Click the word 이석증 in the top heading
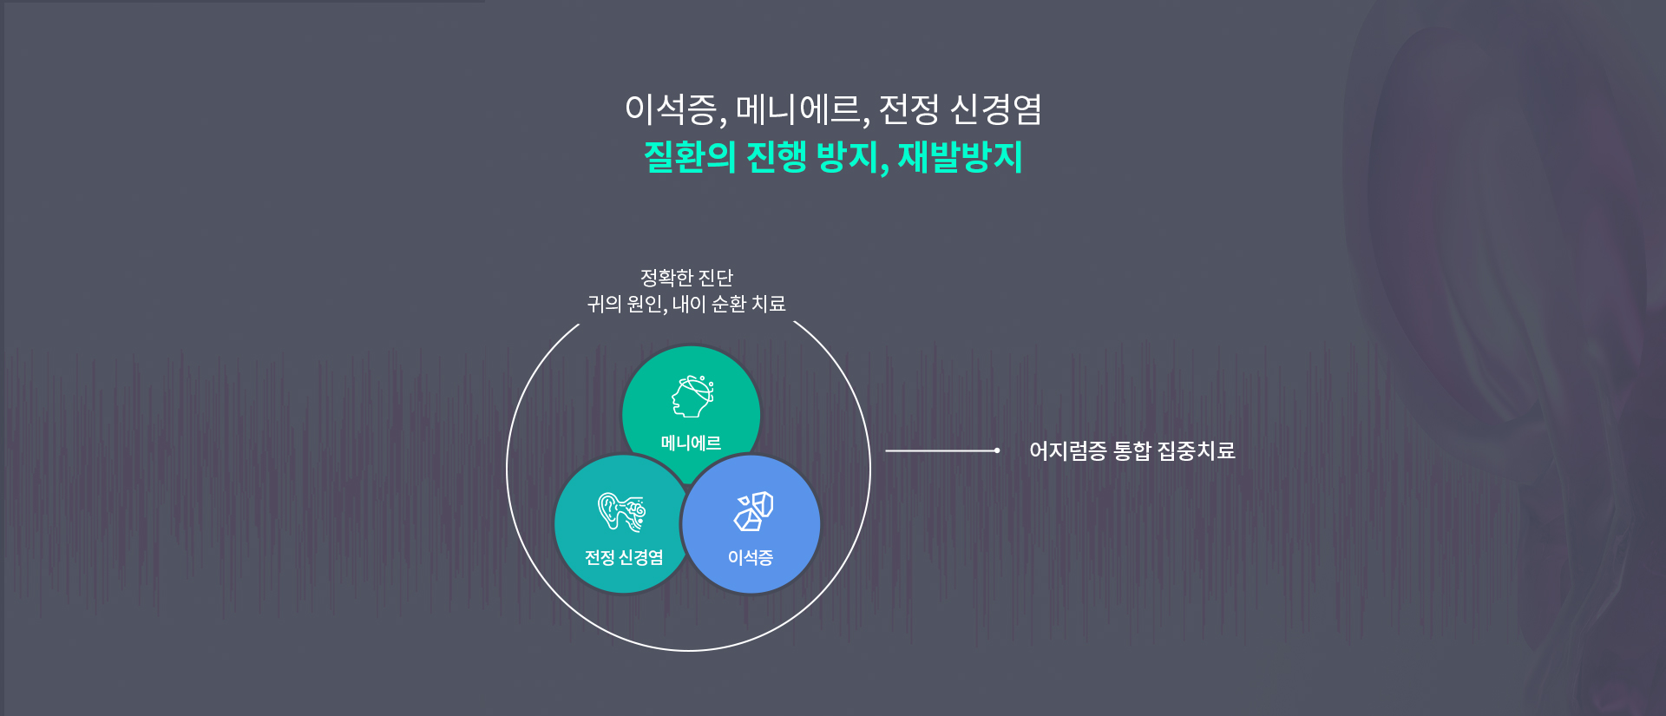pyautogui.click(x=671, y=109)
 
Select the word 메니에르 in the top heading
pyautogui.click(x=797, y=109)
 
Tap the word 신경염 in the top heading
pyautogui.click(x=995, y=109)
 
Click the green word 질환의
pyautogui.click(x=690, y=157)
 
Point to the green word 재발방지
pyautogui.click(x=960, y=157)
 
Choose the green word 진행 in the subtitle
pyautogui.click(x=777, y=157)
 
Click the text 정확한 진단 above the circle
pyautogui.click(x=686, y=278)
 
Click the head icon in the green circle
pyautogui.click(x=692, y=397)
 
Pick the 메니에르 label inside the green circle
pyautogui.click(x=691, y=443)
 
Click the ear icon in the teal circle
pyautogui.click(x=622, y=511)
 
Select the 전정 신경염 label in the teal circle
pyautogui.click(x=624, y=557)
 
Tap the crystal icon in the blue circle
pyautogui.click(x=753, y=511)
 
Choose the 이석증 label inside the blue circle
pyautogui.click(x=751, y=557)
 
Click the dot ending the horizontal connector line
pyautogui.click(x=997, y=450)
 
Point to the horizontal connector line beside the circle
pyautogui.click(x=941, y=450)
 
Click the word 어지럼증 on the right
pyautogui.click(x=1067, y=450)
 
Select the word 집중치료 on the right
pyautogui.click(x=1196, y=450)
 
